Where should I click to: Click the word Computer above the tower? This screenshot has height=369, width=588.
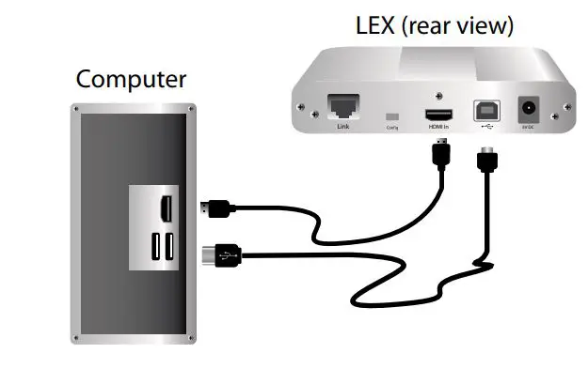131,79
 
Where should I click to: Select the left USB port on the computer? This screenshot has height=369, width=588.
155,247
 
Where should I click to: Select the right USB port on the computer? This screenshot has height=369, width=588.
170,247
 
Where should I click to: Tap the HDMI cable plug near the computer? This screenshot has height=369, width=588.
215,208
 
